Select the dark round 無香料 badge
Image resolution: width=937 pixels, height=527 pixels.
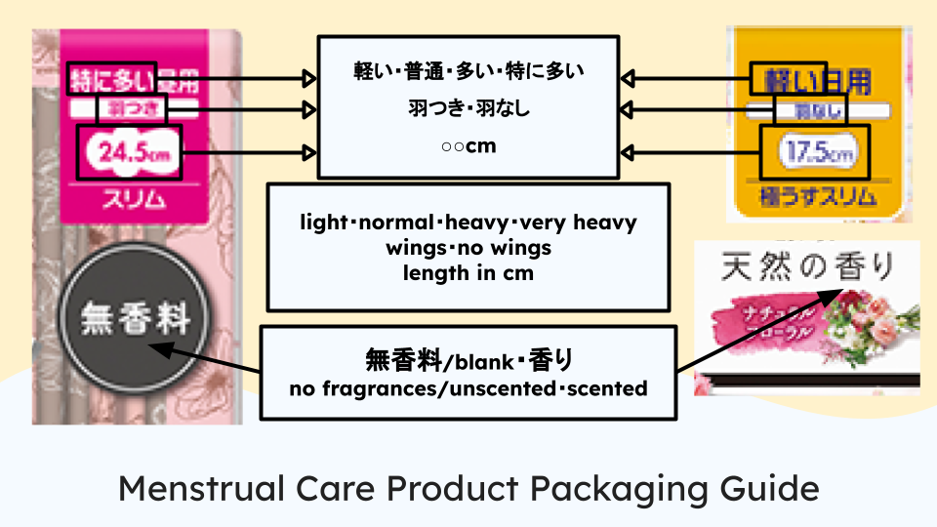click(x=134, y=317)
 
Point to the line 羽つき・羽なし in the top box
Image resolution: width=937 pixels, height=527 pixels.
click(x=468, y=109)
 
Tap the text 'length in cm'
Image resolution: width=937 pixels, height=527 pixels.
click(x=468, y=273)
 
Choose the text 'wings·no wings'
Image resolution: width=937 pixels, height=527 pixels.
click(x=468, y=248)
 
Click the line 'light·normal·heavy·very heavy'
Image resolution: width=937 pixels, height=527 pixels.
click(x=468, y=223)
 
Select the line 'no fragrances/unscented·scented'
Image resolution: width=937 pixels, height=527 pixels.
click(x=468, y=388)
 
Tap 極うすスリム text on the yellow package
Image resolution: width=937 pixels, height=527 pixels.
click(x=812, y=203)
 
